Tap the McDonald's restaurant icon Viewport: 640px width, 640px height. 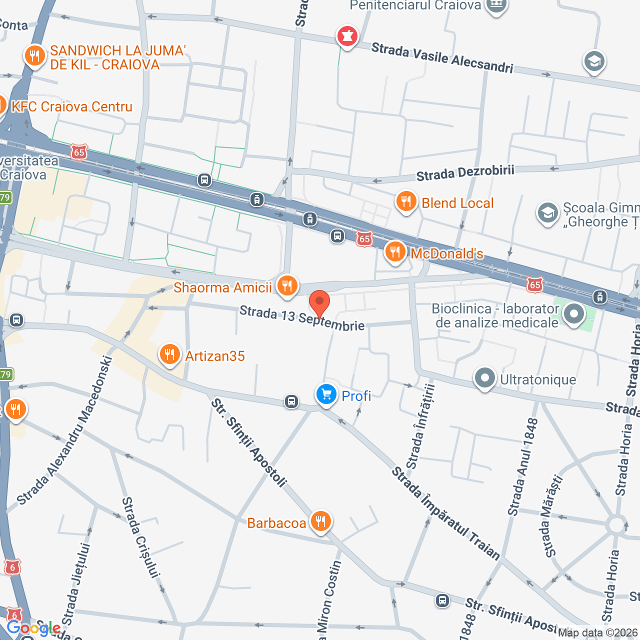point(395,252)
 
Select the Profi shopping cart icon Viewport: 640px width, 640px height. point(326,395)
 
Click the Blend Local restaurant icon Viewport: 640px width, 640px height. point(406,202)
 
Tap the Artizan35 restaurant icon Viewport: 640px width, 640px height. point(169,355)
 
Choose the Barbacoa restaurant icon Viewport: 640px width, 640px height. point(320,521)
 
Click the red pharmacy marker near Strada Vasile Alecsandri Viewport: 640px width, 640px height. point(347,36)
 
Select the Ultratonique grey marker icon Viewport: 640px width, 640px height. point(484,378)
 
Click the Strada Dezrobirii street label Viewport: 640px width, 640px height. point(465,173)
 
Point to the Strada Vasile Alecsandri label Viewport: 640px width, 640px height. point(442,58)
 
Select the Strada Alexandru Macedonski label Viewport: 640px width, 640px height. point(65,430)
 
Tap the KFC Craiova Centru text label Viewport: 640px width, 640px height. point(72,106)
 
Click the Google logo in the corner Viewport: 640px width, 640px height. point(33,628)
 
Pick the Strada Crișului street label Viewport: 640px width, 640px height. point(140,537)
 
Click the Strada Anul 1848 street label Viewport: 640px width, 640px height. point(523,467)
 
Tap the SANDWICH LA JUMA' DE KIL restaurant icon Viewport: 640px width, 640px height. point(34,55)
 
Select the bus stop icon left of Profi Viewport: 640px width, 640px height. point(291,401)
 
